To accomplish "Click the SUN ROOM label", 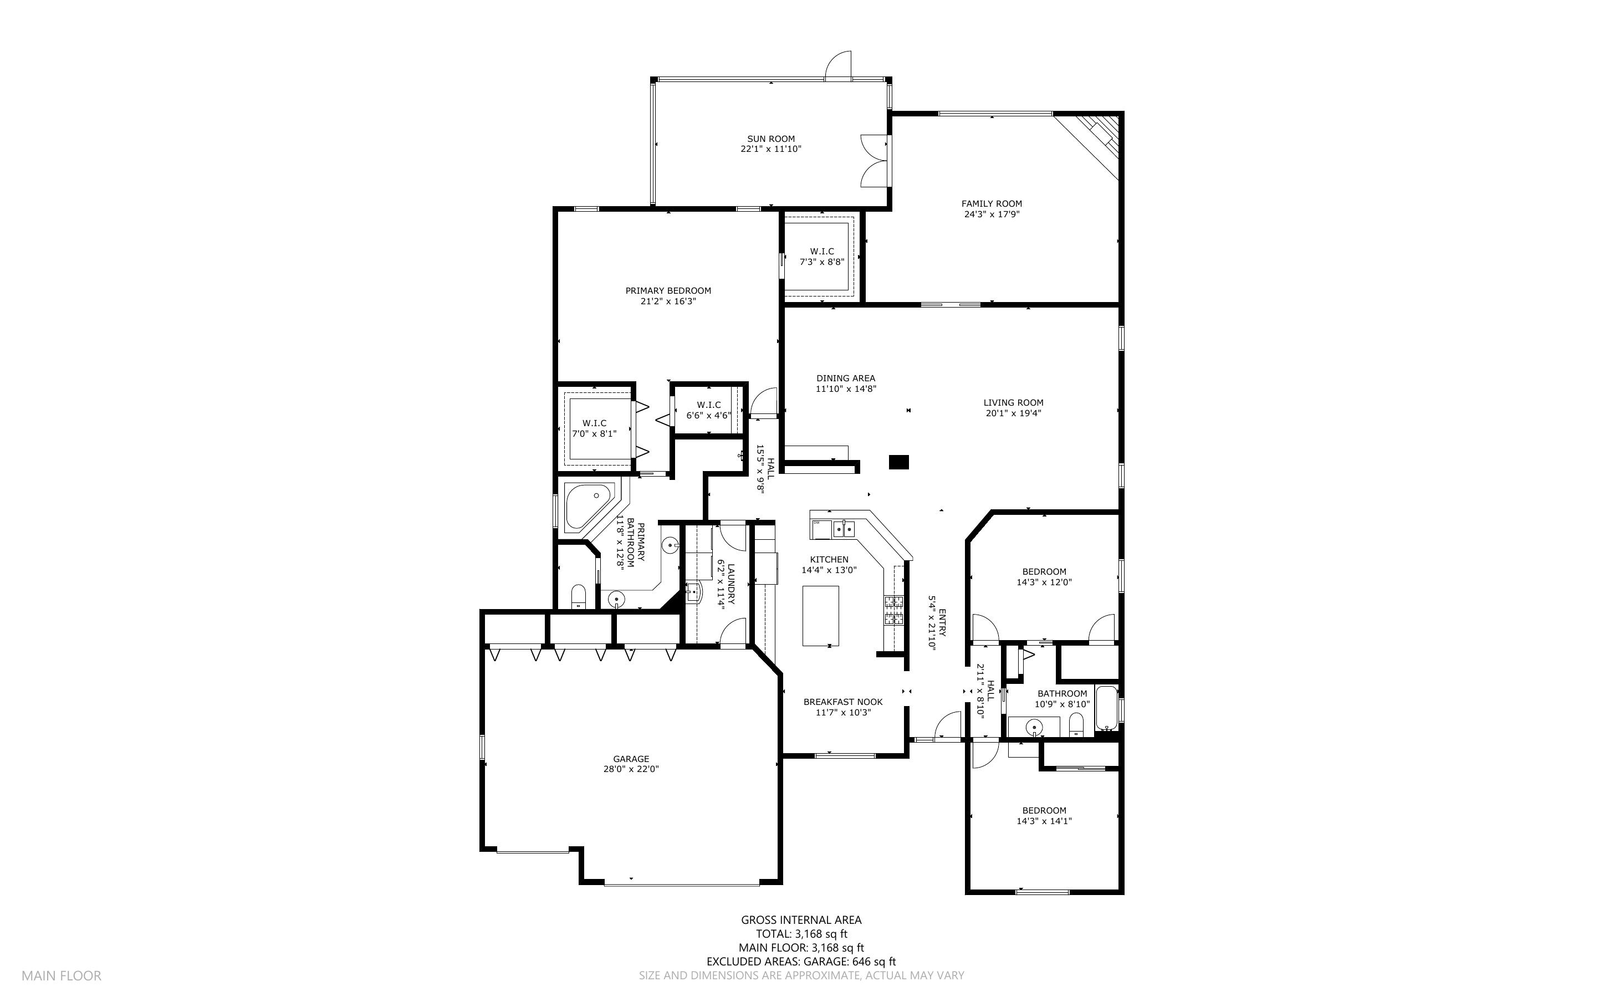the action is pos(770,139).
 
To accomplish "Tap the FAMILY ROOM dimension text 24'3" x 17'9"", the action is pos(991,214).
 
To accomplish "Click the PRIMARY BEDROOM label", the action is pos(668,290).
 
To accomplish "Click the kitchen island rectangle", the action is pos(820,616).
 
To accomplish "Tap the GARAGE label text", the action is pos(631,759).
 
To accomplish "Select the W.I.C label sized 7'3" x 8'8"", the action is pos(821,257).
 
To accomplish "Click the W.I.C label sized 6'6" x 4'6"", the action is pos(708,410).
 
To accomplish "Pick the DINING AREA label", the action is pos(845,379).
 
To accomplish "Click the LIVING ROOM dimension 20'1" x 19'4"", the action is pos(1013,413).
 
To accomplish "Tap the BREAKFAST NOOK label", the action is pos(843,702).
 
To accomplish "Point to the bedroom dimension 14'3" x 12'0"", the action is pos(1044,582).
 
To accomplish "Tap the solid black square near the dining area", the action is pos(898,462).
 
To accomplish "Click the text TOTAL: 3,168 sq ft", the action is pos(801,934).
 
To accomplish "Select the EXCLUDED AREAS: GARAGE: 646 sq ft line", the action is pos(801,962).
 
